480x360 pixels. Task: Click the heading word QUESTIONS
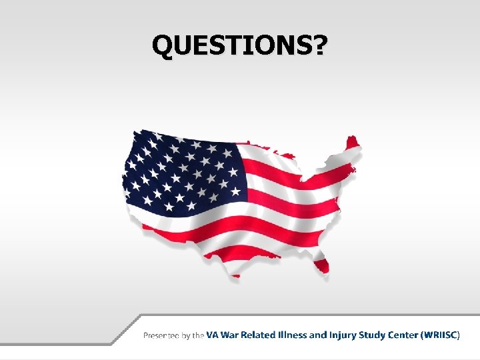coord(232,45)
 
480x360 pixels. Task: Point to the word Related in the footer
coord(261,335)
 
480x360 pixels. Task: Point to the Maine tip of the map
coord(351,141)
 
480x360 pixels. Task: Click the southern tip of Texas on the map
coord(236,273)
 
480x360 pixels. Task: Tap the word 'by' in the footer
coord(187,335)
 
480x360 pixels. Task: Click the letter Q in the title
coord(163,45)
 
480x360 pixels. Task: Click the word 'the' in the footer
coord(199,335)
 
